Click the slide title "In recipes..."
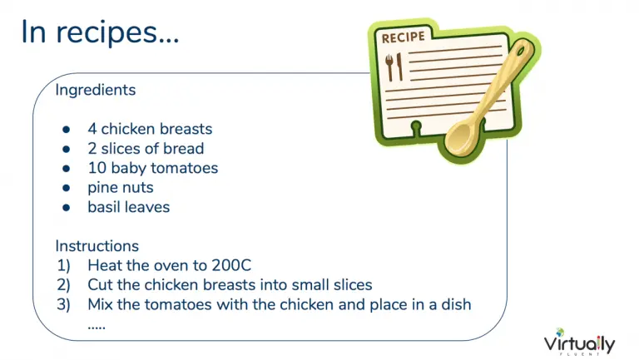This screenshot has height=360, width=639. pyautogui.click(x=100, y=32)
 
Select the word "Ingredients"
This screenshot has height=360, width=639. pyautogui.click(x=96, y=91)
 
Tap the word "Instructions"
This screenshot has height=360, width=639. pyautogui.click(x=97, y=246)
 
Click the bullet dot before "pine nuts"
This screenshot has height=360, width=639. pyautogui.click(x=67, y=188)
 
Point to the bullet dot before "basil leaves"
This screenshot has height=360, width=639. pyautogui.click(x=67, y=207)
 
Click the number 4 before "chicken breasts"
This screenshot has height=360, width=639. pyautogui.click(x=92, y=129)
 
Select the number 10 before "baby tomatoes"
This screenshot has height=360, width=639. pyautogui.click(x=97, y=168)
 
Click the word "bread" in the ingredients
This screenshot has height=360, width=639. pyautogui.click(x=183, y=148)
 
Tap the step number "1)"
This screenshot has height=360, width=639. pyautogui.click(x=63, y=265)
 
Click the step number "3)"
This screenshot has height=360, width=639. pyautogui.click(x=63, y=304)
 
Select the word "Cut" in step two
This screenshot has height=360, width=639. pyautogui.click(x=100, y=284)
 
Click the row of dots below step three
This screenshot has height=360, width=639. pyautogui.click(x=97, y=327)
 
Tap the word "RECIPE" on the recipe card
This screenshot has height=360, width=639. pyautogui.click(x=403, y=37)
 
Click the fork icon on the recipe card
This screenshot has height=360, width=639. pyautogui.click(x=389, y=67)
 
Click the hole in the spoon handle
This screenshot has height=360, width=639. pyautogui.click(x=520, y=51)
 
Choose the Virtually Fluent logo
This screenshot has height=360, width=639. pyautogui.click(x=579, y=342)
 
